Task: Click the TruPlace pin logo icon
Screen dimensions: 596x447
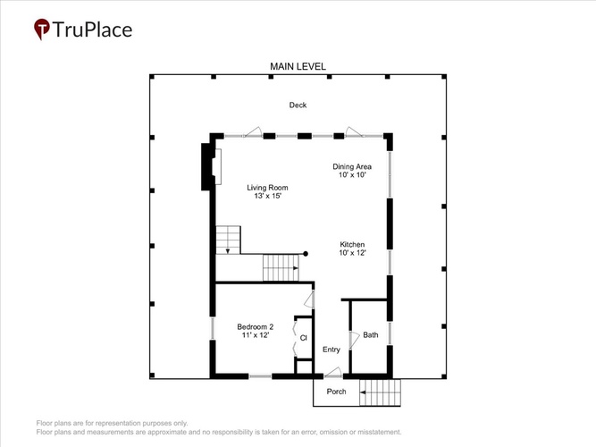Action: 41,29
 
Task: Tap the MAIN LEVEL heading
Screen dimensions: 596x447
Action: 298,66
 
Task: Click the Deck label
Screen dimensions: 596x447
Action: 298,105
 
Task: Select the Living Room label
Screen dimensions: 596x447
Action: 267,188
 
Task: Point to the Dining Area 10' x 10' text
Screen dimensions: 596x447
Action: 352,171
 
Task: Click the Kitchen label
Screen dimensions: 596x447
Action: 352,244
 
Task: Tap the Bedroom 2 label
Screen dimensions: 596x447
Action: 255,327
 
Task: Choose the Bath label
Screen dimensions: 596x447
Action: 371,334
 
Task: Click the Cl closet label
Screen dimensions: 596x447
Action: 303,338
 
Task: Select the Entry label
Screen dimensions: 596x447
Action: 332,350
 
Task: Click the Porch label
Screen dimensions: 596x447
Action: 336,392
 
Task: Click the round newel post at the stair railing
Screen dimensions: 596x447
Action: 306,254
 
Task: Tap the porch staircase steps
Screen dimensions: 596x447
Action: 380,392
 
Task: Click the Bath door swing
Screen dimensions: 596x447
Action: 354,340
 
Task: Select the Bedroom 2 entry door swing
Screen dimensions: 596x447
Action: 310,299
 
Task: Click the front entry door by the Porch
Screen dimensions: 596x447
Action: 333,372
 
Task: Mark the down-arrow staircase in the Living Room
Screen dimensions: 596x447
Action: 228,240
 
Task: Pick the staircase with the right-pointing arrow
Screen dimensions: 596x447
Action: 281,268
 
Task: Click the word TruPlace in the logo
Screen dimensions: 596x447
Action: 92,30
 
